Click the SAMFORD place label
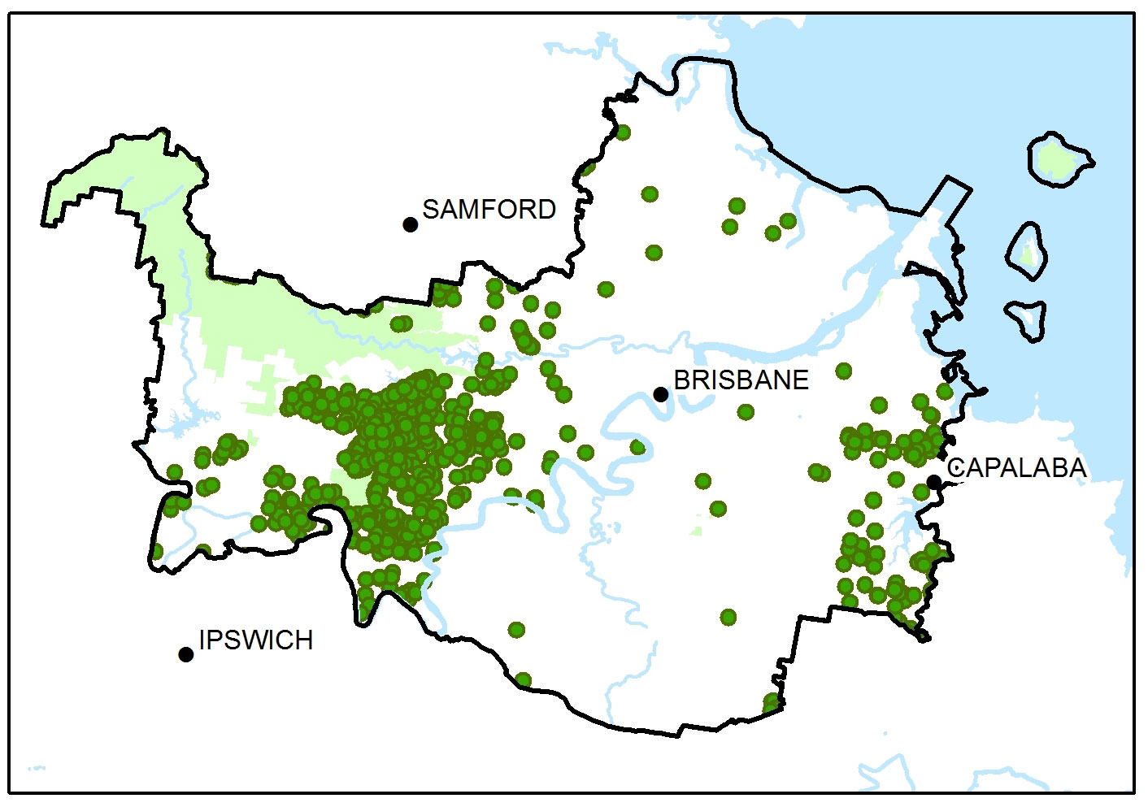[x=489, y=210]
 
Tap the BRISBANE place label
[x=741, y=380]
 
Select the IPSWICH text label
[x=255, y=640]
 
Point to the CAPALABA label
[x=1016, y=468]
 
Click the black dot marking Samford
[x=411, y=224]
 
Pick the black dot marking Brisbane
[x=661, y=394]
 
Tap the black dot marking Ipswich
[x=186, y=654]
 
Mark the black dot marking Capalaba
[x=935, y=482]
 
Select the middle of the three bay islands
[x=1028, y=251]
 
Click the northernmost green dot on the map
[x=623, y=132]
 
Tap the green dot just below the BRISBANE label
[x=746, y=412]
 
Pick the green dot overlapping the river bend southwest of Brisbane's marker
[x=637, y=447]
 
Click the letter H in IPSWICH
[x=302, y=640]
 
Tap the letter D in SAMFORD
[x=546, y=210]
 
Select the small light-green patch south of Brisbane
[x=697, y=530]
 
